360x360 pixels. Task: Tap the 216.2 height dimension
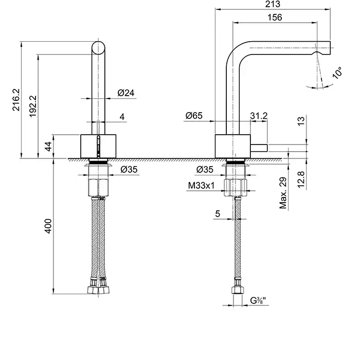(x=15, y=100)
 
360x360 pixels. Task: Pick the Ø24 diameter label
(x=126, y=93)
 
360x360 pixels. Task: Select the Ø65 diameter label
(x=193, y=117)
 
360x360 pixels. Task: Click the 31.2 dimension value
(x=259, y=117)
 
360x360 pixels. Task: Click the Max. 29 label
(x=283, y=194)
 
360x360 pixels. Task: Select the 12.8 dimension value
(x=301, y=178)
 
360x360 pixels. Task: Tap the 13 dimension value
(x=301, y=122)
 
